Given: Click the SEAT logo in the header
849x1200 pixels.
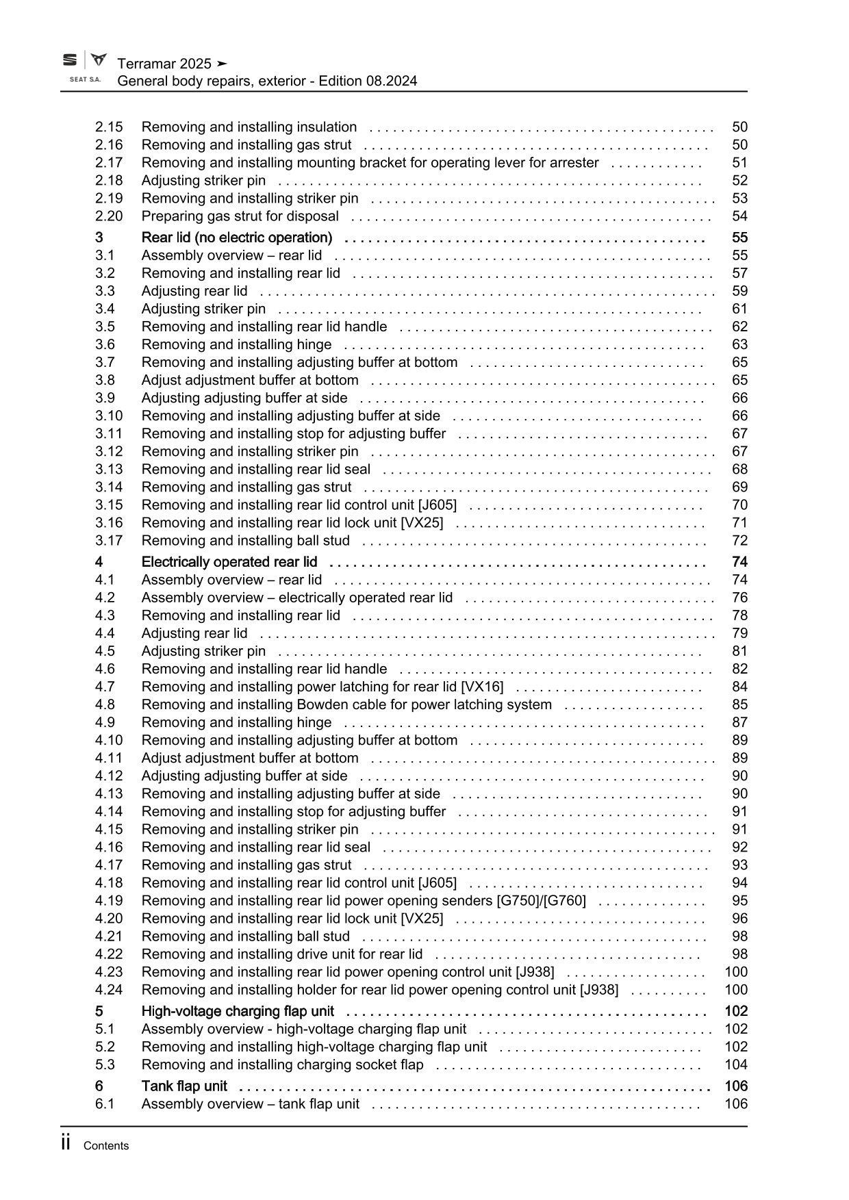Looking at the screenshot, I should coord(70,60).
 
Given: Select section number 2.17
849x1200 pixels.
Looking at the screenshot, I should coord(109,162).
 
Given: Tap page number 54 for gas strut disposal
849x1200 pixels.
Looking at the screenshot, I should coord(739,216).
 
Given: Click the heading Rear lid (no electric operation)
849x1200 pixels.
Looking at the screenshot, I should coord(237,238).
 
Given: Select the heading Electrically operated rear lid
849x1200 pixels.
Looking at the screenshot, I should coord(229,562).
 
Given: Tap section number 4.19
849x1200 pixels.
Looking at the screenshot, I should coord(109,900).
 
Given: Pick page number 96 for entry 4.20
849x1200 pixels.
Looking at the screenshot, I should coord(739,918).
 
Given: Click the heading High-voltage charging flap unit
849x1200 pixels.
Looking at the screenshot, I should coord(238,1011).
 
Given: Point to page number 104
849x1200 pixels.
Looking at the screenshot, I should coord(736,1064).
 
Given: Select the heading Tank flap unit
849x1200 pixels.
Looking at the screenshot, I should coord(184,1086).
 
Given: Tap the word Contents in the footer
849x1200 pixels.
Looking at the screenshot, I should coord(105,1146).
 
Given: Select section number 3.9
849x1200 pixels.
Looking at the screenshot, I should coord(105,398).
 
